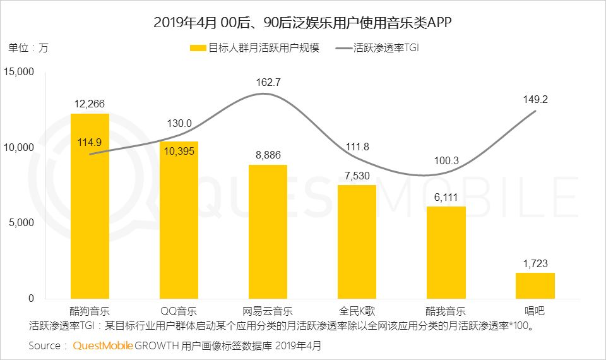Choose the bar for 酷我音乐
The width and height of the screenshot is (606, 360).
click(446, 252)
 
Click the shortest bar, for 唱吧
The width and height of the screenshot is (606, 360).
click(535, 285)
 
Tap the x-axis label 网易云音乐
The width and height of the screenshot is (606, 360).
click(268, 311)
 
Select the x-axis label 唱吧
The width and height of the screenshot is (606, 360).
click(535, 311)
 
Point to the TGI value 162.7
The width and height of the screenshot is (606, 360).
click(268, 82)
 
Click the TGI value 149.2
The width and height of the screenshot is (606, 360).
click(535, 98)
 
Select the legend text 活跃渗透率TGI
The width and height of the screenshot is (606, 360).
click(386, 48)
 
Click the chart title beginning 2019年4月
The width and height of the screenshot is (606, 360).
click(303, 23)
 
